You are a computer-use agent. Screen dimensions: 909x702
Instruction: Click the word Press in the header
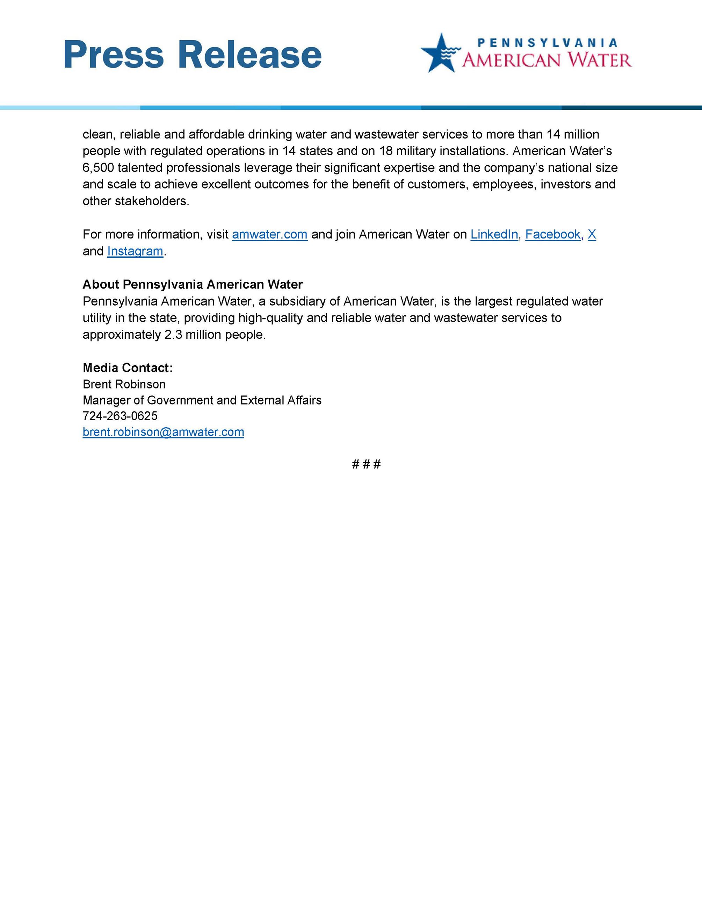click(114, 55)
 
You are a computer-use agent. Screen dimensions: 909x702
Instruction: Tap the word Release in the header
click(249, 55)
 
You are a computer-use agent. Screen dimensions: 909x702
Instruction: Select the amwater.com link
click(269, 235)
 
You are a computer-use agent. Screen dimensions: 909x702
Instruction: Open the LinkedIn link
click(494, 235)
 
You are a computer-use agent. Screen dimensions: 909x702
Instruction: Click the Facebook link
click(553, 235)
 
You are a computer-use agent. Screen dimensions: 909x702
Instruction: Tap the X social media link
click(592, 235)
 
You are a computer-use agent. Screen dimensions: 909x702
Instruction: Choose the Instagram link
click(135, 251)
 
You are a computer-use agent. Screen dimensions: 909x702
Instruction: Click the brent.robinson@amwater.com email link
click(163, 432)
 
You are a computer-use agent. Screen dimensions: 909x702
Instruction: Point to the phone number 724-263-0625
click(120, 416)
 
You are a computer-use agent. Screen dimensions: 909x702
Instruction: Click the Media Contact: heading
click(128, 368)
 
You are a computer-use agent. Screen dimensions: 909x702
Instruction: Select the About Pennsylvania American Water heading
click(193, 285)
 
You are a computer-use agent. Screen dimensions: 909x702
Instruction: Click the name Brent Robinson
click(124, 384)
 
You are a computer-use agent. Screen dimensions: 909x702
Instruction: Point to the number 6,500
click(98, 168)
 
